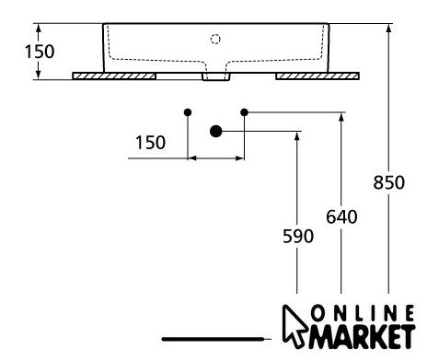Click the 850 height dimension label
click(x=389, y=182)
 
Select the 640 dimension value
click(x=341, y=216)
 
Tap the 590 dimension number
click(x=298, y=236)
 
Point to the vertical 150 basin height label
click(x=40, y=52)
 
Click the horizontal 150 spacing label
click(x=150, y=143)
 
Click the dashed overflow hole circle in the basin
click(x=215, y=40)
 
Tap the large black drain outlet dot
click(x=216, y=131)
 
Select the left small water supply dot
click(x=188, y=112)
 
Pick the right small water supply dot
click(x=244, y=112)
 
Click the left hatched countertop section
click(x=114, y=76)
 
